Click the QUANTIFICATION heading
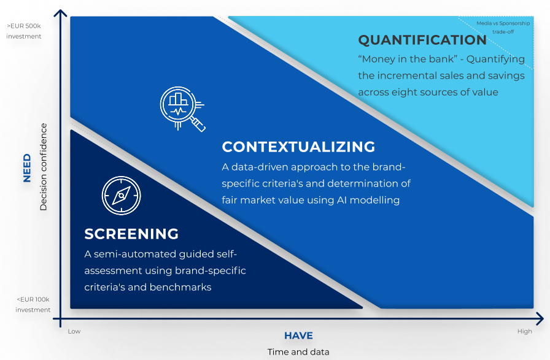422,40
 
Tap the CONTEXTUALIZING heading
298,147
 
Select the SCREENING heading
131,234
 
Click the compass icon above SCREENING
122,195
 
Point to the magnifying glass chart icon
182,109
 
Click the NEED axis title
27,168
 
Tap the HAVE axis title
298,336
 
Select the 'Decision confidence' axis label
43,167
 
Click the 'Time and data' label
298,352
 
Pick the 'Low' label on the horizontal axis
74,331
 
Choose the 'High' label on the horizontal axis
525,331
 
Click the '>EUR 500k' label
24,26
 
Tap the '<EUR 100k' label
33,299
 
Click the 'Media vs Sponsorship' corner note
503,23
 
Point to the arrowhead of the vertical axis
60,13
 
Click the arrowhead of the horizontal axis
540,319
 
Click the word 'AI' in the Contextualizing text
342,200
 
